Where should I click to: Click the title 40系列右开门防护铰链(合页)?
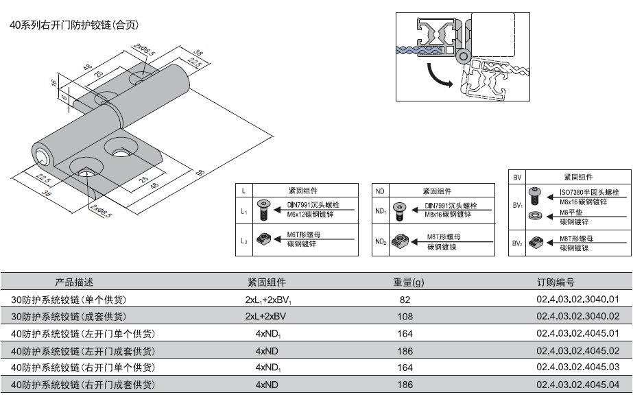pyautogui.click(x=75, y=25)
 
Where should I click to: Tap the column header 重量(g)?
pyautogui.click(x=408, y=282)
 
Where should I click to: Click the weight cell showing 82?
pyautogui.click(x=405, y=300)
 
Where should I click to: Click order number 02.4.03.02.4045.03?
pyautogui.click(x=577, y=367)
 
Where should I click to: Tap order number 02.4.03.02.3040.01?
pyautogui.click(x=577, y=300)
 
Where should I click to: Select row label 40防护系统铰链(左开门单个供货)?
pyautogui.click(x=83, y=334)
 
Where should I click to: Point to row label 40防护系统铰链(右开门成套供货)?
pyautogui.click(x=83, y=385)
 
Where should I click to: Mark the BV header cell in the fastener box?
pyautogui.click(x=517, y=177)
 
